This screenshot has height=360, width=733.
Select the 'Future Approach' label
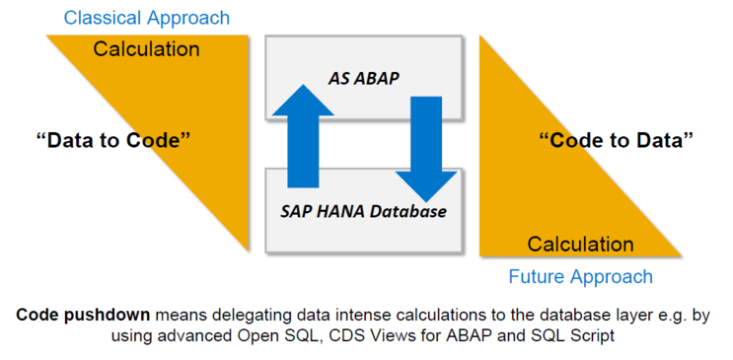pos(580,276)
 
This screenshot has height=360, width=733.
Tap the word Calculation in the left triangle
pos(146,48)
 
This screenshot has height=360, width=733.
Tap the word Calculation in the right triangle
pos(580,244)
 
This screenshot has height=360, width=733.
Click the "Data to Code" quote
pos(112,139)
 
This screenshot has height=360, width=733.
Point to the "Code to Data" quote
pos(616,140)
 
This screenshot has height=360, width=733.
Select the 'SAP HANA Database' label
pos(363,210)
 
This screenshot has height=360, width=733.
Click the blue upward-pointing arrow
pos(303,134)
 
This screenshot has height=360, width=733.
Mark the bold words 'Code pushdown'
pos(82,315)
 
